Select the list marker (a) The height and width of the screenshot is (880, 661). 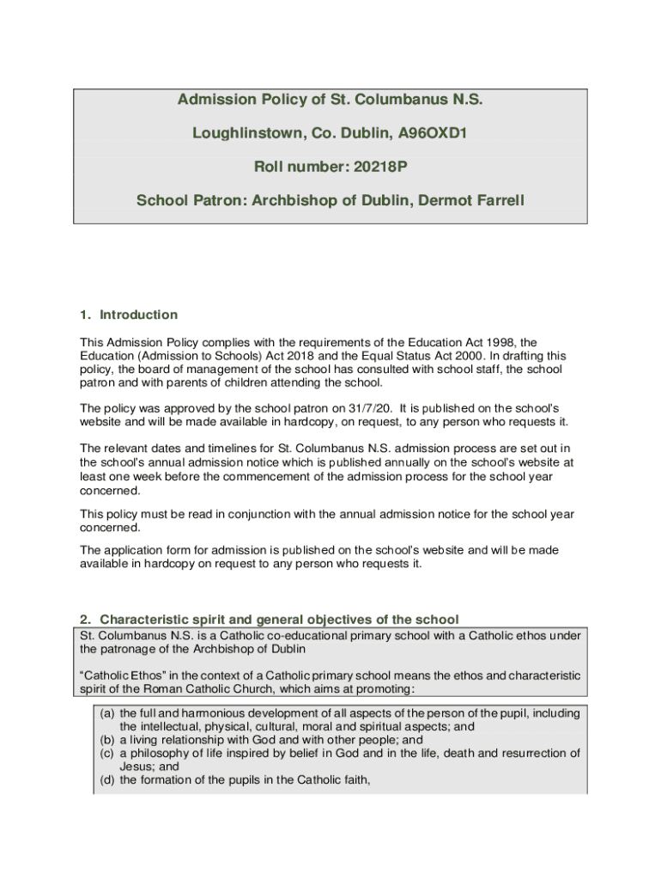[108, 713]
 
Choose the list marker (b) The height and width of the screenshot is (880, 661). [108, 740]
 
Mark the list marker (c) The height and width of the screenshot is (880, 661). [108, 754]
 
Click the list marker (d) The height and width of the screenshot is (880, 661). [108, 780]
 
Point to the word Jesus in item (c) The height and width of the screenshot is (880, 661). [137, 767]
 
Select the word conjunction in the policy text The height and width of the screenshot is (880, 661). [270, 514]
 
